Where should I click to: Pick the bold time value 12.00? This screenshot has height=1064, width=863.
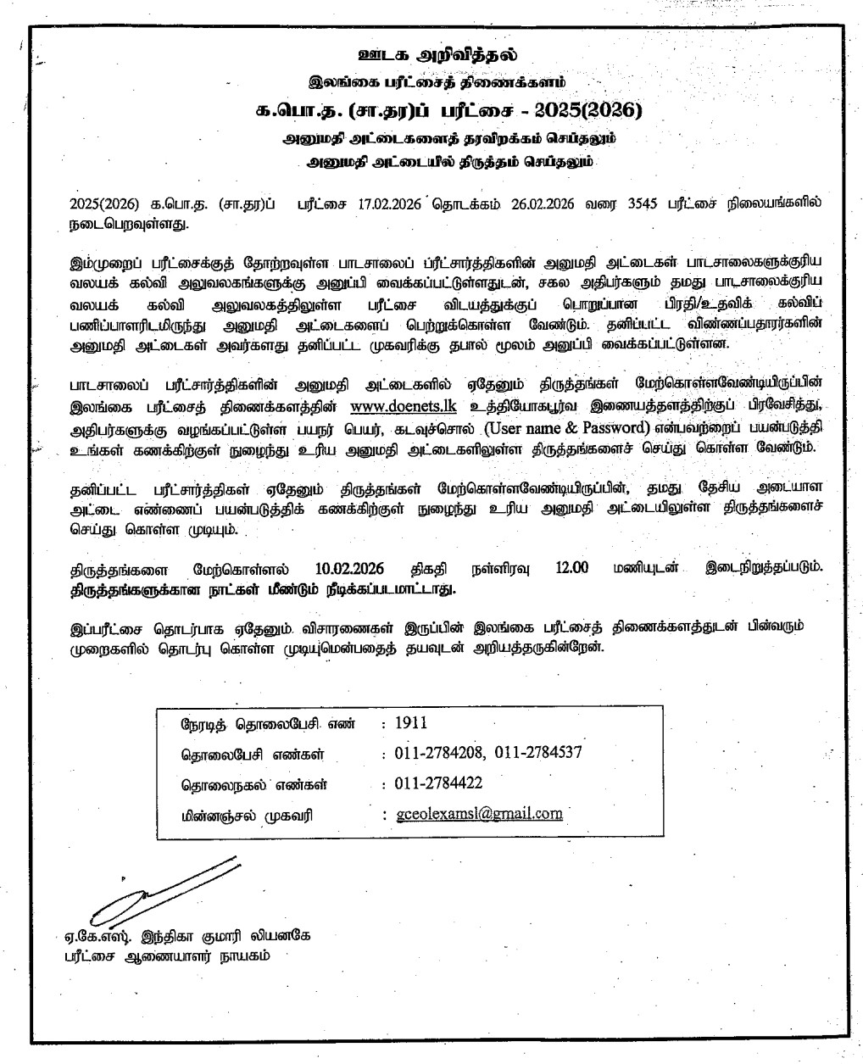(572, 568)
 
